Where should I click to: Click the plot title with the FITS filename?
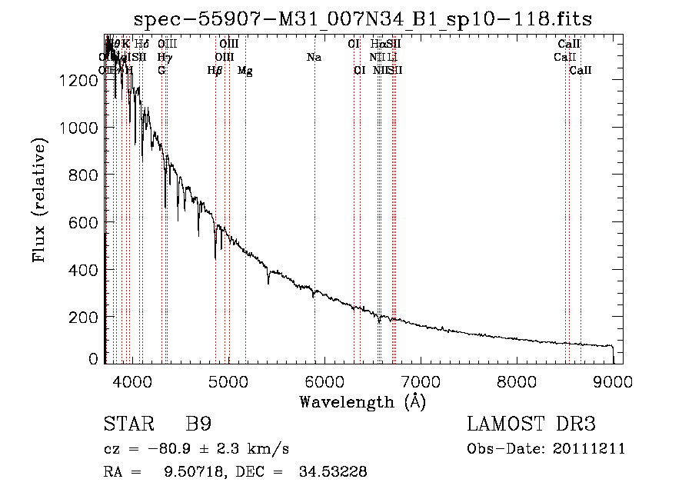tap(363, 18)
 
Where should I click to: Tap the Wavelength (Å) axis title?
tap(362, 401)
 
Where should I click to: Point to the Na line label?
tap(314, 57)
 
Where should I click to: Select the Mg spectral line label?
tap(245, 71)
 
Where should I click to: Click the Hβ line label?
tap(215, 71)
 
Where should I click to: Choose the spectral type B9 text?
tap(198, 424)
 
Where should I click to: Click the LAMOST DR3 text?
tap(531, 424)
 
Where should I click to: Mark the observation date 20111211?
tap(590, 449)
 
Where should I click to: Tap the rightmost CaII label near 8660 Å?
tap(581, 71)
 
